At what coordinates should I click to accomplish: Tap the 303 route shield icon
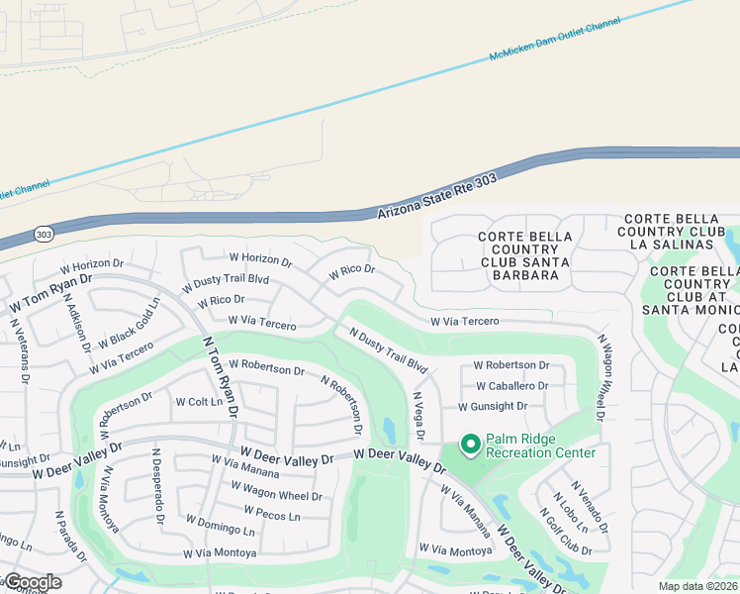pyautogui.click(x=42, y=234)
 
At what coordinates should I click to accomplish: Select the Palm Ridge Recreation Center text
pyautogui.click(x=539, y=445)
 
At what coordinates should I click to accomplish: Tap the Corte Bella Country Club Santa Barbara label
pyautogui.click(x=523, y=255)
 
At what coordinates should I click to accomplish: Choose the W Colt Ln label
pyautogui.click(x=199, y=402)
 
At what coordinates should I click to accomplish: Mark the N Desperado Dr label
pyautogui.click(x=155, y=485)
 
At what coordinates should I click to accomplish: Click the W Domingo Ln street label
pyautogui.click(x=221, y=524)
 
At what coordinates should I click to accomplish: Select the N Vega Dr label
pyautogui.click(x=417, y=416)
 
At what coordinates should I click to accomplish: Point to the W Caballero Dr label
pyautogui.click(x=511, y=386)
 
